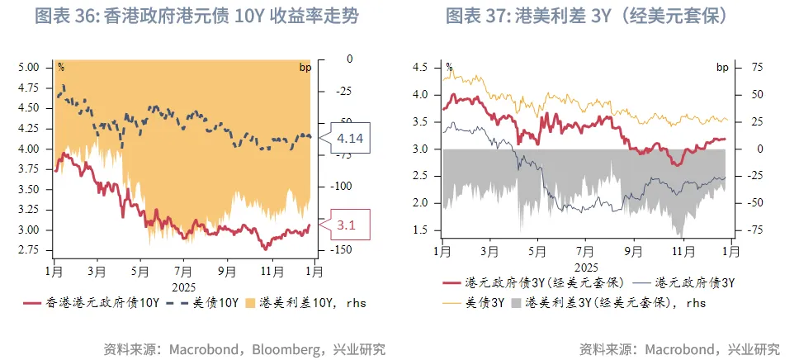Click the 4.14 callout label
[x=350, y=138]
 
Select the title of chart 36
[x=196, y=17]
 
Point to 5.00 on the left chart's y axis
[x=28, y=67]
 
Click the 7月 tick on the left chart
[x=183, y=270]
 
